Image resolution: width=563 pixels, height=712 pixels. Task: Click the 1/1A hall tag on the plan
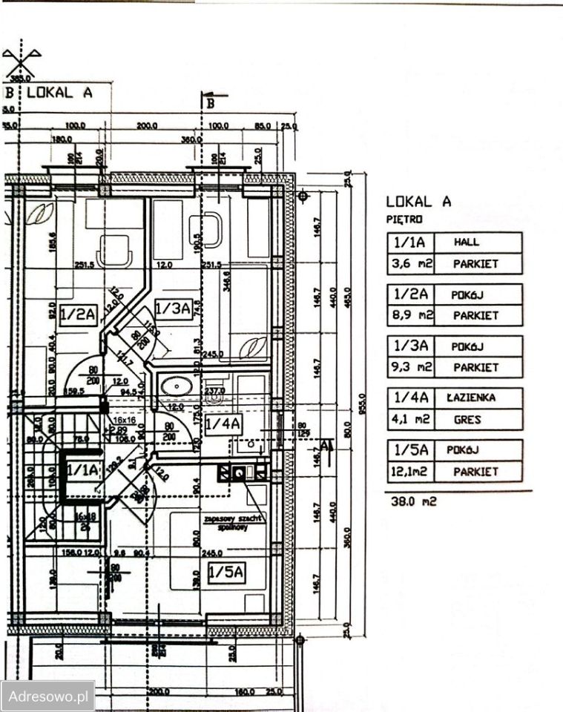click(82, 469)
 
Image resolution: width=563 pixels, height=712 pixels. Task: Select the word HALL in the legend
click(467, 242)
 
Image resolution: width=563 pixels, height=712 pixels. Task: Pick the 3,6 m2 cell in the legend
click(410, 263)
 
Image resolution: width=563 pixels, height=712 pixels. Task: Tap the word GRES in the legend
click(467, 419)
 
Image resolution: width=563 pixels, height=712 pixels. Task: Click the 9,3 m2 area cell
click(410, 367)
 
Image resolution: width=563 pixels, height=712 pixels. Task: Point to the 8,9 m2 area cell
click(410, 315)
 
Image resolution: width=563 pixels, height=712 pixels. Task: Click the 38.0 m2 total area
click(414, 501)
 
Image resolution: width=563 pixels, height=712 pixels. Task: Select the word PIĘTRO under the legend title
click(404, 220)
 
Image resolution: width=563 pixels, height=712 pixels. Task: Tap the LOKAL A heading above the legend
click(418, 201)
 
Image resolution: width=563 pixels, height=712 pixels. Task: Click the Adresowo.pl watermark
click(47, 696)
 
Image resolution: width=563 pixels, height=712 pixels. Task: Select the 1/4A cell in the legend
click(410, 398)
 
